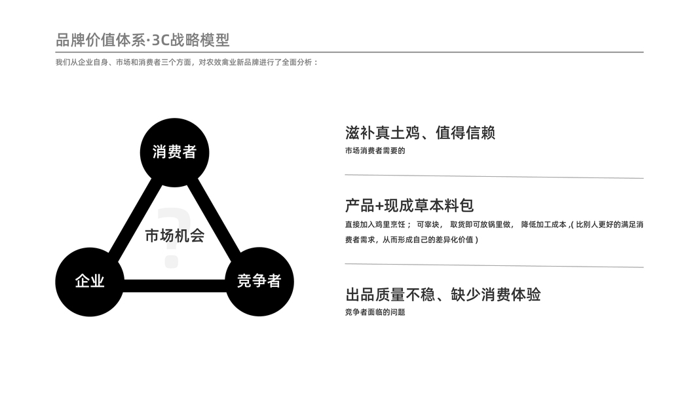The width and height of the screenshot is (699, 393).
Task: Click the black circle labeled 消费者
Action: click(174, 152)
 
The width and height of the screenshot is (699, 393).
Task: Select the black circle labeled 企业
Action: click(90, 281)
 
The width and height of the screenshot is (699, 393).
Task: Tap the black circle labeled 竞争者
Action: click(259, 281)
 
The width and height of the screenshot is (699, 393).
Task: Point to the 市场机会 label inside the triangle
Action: click(174, 235)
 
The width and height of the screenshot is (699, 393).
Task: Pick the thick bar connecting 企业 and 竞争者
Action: click(174, 286)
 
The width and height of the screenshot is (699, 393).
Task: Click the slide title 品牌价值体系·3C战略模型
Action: click(143, 40)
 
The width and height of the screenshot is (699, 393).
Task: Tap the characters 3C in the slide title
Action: click(160, 40)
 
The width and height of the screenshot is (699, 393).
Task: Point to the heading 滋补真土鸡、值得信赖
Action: click(420, 133)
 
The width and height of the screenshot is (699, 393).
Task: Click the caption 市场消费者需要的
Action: click(375, 151)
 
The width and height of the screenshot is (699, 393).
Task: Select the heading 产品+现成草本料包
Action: click(409, 205)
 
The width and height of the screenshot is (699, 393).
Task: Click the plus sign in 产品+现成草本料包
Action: click(379, 206)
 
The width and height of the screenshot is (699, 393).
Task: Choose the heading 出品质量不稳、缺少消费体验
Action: click(442, 294)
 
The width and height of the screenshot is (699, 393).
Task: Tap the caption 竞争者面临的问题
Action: click(375, 312)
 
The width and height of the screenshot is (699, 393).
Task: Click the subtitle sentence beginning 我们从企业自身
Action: click(187, 63)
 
